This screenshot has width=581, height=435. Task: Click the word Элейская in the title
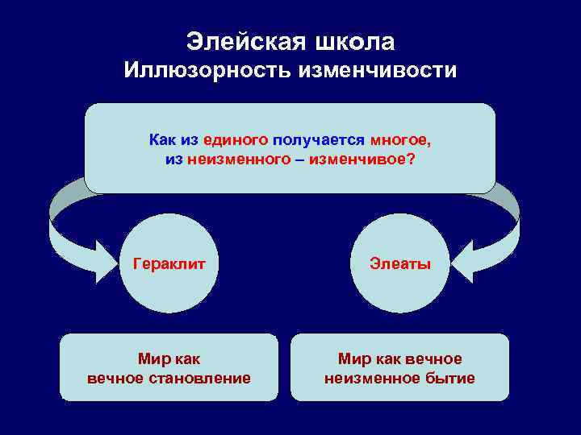[x=245, y=40]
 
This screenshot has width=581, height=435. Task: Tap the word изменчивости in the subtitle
[x=377, y=71]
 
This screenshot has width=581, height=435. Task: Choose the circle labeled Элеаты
[x=400, y=263]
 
